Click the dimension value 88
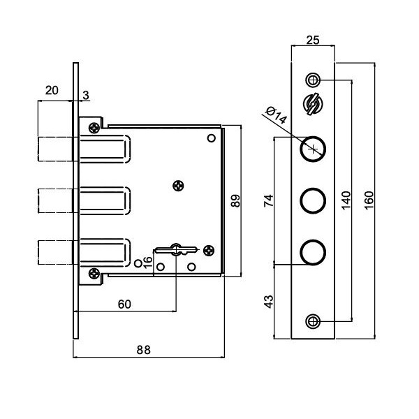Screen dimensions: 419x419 click(143, 350)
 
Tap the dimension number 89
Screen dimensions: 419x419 click(235, 201)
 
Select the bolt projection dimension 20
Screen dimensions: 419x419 click(52, 89)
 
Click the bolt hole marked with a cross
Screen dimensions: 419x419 click(313, 148)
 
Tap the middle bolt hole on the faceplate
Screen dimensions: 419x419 click(313, 200)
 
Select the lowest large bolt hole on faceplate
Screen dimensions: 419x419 click(313, 251)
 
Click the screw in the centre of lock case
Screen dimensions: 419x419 click(179, 185)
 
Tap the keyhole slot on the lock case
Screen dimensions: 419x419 click(175, 249)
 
